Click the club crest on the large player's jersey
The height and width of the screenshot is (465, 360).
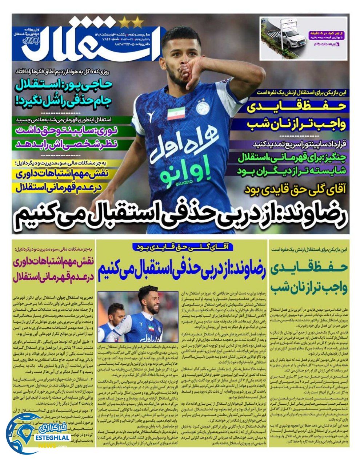point(202,107)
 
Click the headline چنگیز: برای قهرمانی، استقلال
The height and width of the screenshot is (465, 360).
point(295,157)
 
